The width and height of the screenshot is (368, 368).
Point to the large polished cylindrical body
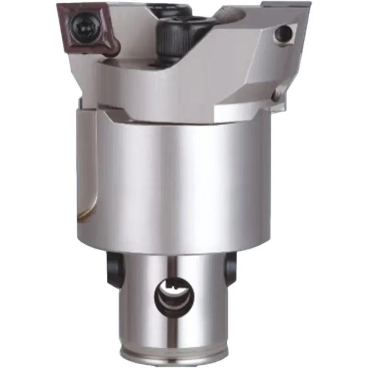click(x=184, y=184)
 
